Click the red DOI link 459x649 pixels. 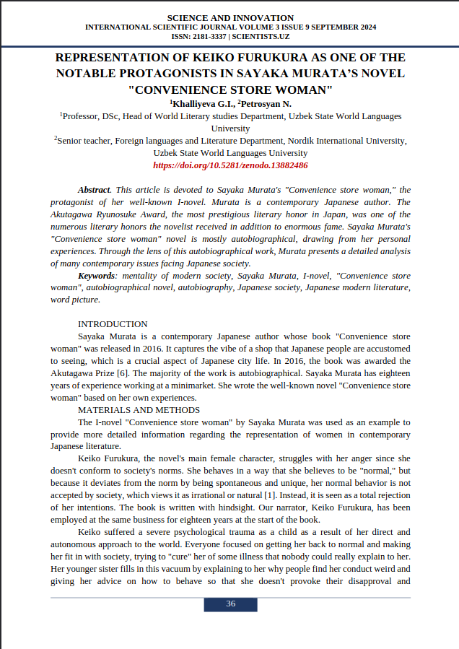(x=230, y=165)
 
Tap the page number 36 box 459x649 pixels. (x=230, y=604)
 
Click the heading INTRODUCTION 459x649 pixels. (x=113, y=324)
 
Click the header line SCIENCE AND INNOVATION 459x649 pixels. (x=230, y=18)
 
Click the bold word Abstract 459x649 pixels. (x=94, y=190)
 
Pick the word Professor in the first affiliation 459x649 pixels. (x=84, y=116)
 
